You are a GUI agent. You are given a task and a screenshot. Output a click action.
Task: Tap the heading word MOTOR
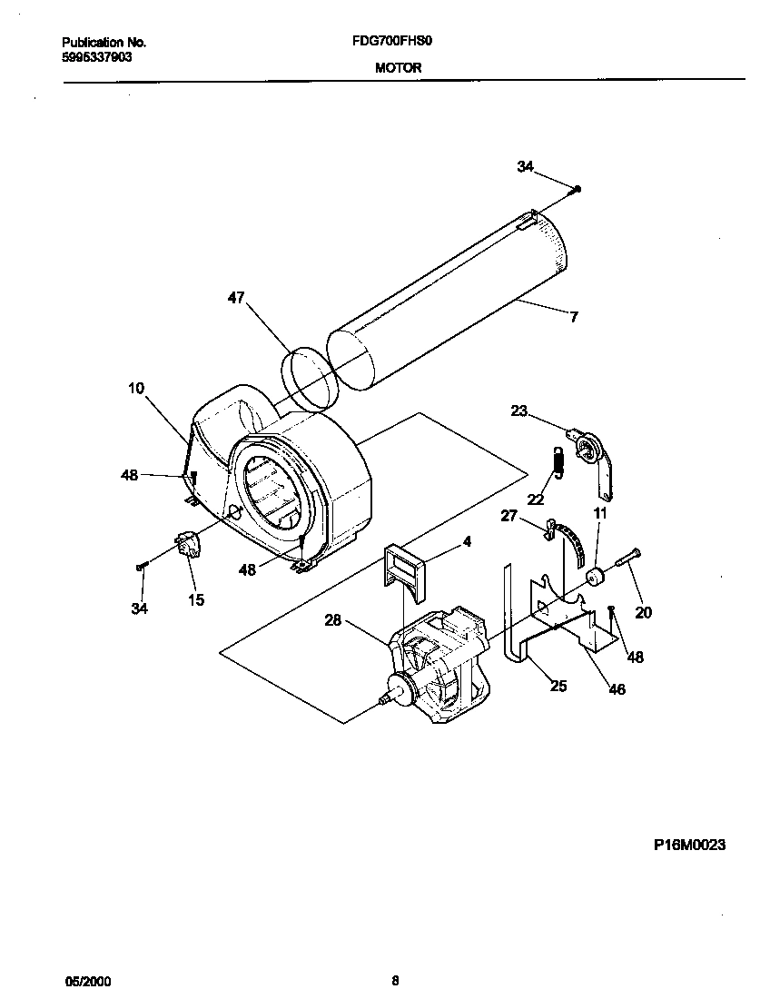[398, 68]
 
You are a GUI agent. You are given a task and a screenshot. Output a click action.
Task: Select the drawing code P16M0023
[689, 844]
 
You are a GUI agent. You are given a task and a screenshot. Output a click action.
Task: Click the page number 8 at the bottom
[395, 980]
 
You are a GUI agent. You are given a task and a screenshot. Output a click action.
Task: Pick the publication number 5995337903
[99, 56]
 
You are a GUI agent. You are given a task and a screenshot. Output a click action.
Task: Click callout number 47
[236, 298]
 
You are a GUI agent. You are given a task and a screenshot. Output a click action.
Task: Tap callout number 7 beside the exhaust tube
[574, 317]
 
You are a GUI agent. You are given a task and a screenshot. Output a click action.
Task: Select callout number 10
[135, 389]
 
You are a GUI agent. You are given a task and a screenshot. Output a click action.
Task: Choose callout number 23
[519, 410]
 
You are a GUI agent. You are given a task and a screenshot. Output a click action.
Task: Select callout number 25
[558, 686]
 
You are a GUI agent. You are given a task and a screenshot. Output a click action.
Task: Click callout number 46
[617, 689]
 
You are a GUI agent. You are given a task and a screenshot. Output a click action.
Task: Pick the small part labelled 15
[190, 546]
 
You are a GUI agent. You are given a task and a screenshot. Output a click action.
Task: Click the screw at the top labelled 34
[577, 188]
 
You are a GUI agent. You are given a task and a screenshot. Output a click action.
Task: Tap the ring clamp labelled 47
[307, 376]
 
